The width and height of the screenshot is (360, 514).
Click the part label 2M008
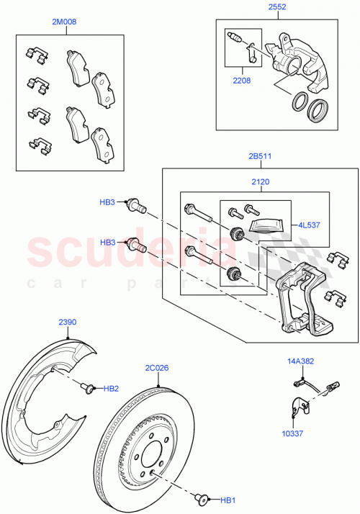[64, 22]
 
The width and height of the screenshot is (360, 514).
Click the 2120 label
[260, 182]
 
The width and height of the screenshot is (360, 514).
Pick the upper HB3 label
[107, 203]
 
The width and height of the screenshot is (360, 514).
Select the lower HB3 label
[107, 242]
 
